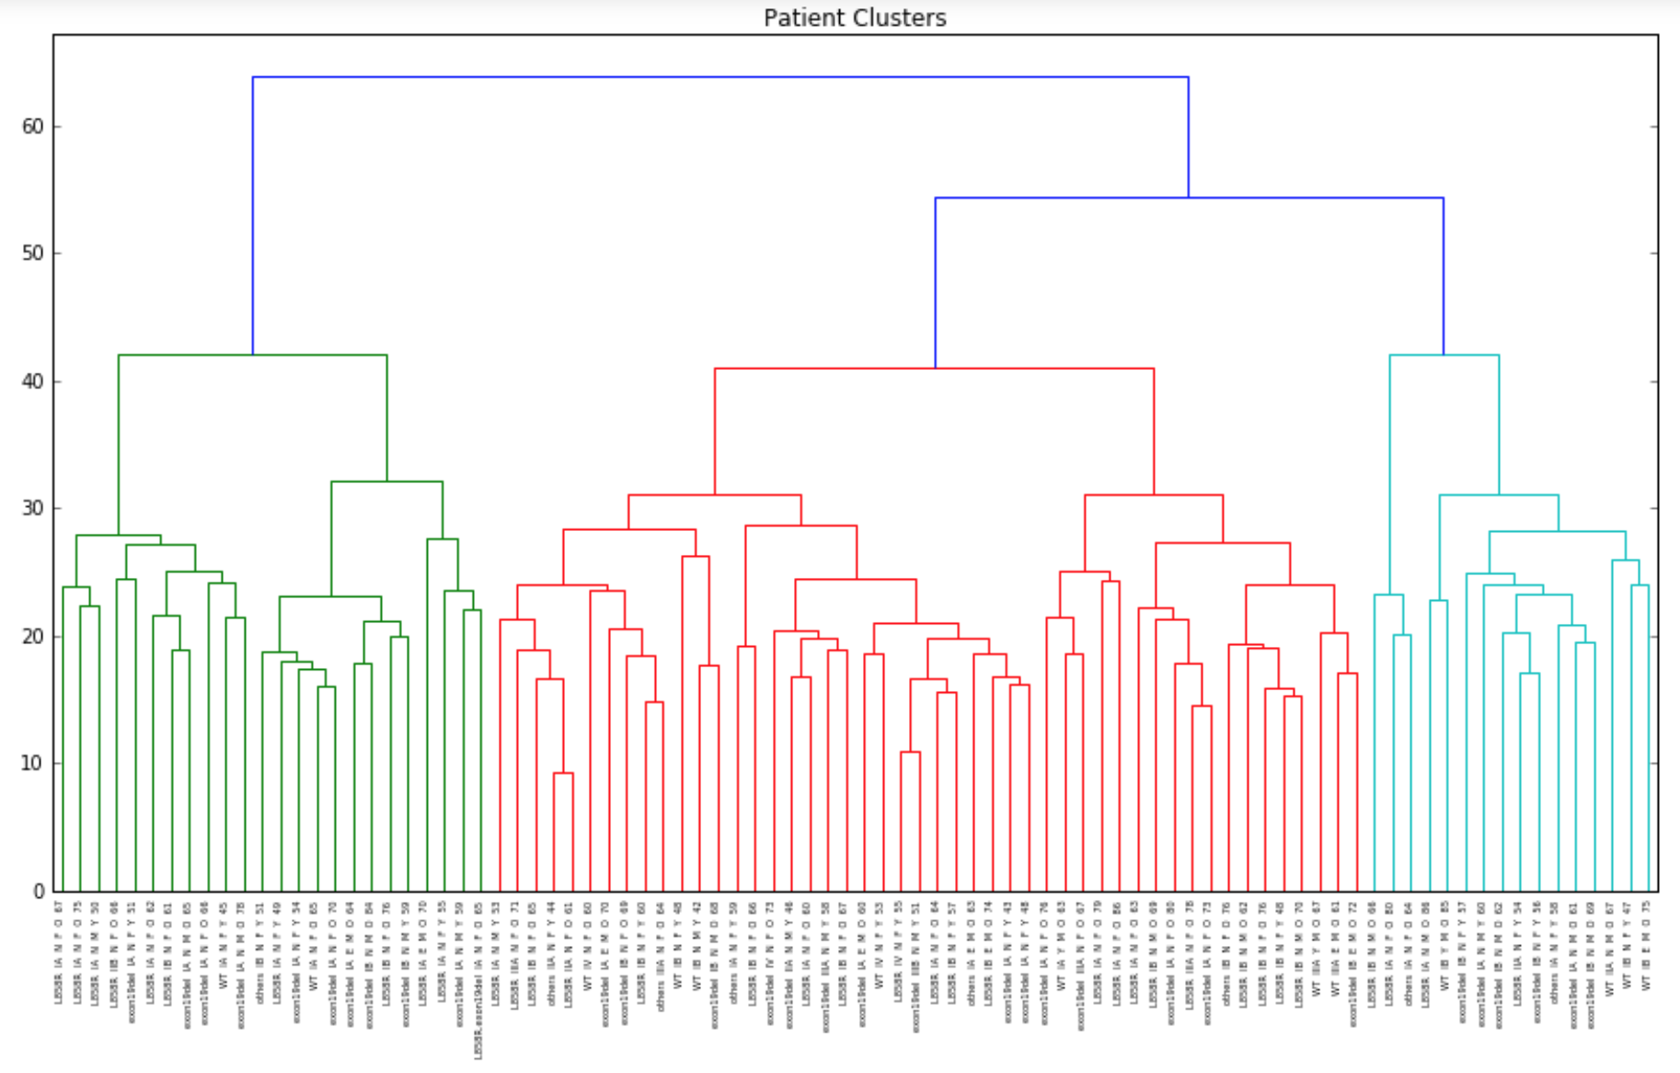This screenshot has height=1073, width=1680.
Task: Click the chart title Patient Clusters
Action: pos(854,17)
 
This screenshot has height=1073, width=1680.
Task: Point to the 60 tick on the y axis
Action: pos(33,126)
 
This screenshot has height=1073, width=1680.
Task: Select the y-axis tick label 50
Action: pos(33,253)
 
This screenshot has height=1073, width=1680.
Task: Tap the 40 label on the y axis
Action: pos(33,381)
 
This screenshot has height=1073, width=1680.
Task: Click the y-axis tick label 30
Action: pos(33,508)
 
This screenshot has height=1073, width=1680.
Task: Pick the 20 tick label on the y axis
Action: pos(33,636)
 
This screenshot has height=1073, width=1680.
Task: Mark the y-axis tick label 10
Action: pos(33,763)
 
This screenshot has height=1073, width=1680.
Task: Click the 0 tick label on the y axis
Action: pos(39,891)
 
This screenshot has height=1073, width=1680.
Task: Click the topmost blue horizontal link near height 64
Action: pos(719,77)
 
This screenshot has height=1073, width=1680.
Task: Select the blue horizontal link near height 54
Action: pos(1189,198)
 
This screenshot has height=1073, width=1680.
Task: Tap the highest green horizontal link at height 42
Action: pos(252,355)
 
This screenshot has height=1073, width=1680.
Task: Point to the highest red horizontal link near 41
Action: pos(934,369)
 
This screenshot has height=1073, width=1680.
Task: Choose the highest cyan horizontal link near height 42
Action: pos(1444,355)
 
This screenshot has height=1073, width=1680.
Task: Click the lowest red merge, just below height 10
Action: pos(563,773)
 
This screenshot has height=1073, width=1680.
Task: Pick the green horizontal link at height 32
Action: pos(386,481)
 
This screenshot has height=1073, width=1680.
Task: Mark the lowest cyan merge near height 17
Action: pos(1529,674)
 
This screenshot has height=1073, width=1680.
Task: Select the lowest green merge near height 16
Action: pos(326,686)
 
